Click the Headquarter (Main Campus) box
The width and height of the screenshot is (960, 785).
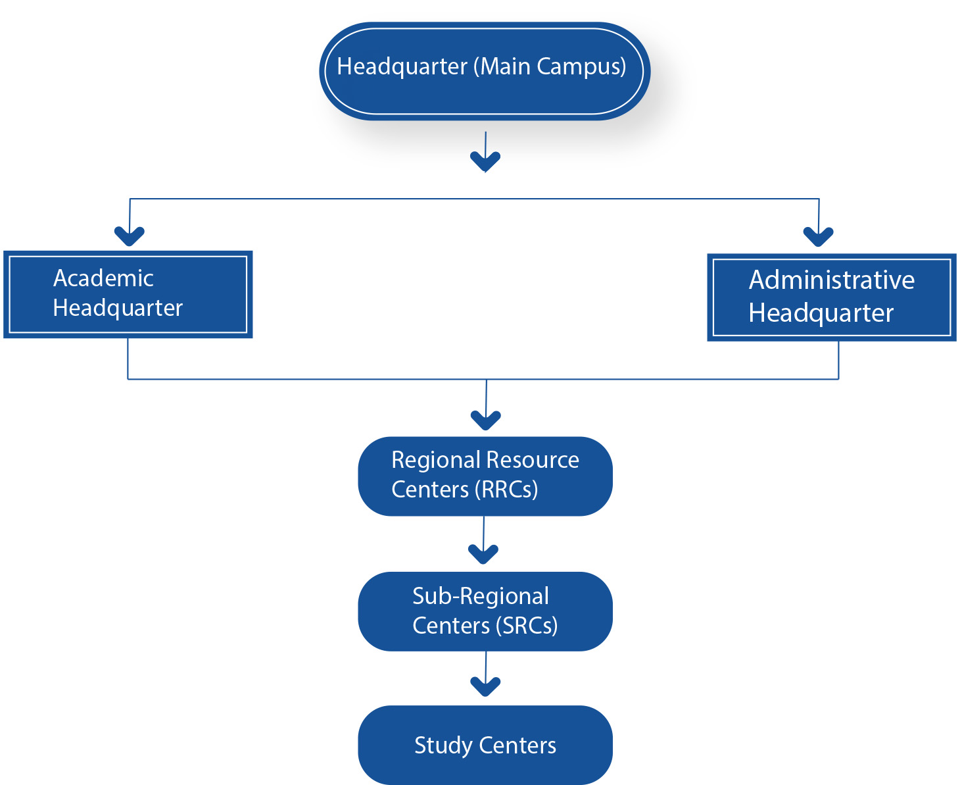click(485, 71)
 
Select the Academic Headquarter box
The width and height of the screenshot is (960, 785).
click(128, 294)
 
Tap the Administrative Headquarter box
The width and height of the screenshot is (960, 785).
click(831, 297)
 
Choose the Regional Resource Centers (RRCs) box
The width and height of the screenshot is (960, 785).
click(485, 476)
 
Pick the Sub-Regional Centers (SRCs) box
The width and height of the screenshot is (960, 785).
click(485, 611)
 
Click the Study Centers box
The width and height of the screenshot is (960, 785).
click(485, 745)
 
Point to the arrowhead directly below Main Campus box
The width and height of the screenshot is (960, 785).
click(485, 161)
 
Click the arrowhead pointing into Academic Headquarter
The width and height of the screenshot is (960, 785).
click(129, 235)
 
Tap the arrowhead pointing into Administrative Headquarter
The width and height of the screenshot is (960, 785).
click(818, 236)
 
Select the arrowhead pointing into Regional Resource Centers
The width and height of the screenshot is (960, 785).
click(486, 419)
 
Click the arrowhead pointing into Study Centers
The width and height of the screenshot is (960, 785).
click(485, 686)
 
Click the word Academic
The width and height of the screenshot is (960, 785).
click(103, 278)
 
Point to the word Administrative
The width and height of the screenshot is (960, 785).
click(831, 280)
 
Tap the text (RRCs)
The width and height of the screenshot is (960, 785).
click(510, 490)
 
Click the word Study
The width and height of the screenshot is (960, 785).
click(443, 746)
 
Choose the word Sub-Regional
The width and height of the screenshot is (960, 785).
click(480, 596)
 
